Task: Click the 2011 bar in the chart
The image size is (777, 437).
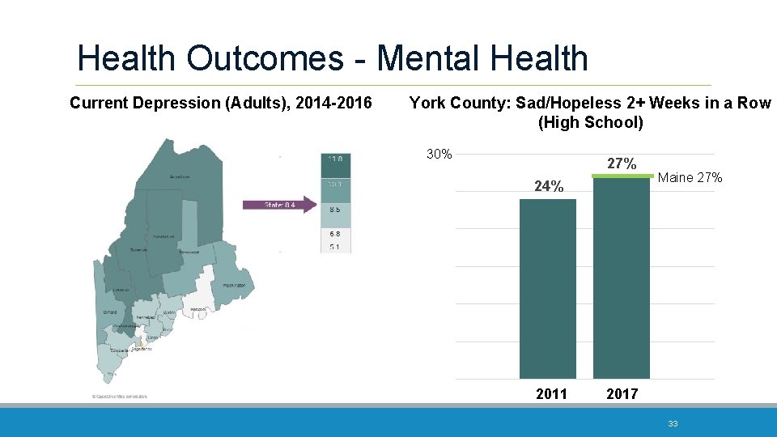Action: click(547, 288)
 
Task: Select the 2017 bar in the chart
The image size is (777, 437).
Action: click(622, 278)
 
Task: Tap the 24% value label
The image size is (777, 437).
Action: click(549, 187)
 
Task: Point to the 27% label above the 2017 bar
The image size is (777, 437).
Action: click(622, 163)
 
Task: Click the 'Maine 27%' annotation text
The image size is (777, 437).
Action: click(691, 178)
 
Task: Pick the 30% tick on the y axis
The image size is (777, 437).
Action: click(439, 154)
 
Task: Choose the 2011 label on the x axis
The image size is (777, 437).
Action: click(551, 394)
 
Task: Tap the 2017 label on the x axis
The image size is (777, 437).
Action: click(622, 394)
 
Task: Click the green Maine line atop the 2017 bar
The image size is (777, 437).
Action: click(622, 176)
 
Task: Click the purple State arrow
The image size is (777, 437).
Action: click(280, 204)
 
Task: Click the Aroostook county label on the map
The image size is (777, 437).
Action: click(180, 176)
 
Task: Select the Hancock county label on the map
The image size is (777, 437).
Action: click(198, 309)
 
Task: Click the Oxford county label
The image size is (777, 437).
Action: click(109, 312)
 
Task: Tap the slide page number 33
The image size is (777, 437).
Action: click(673, 423)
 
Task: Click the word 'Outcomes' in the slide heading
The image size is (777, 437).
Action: click(270, 58)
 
